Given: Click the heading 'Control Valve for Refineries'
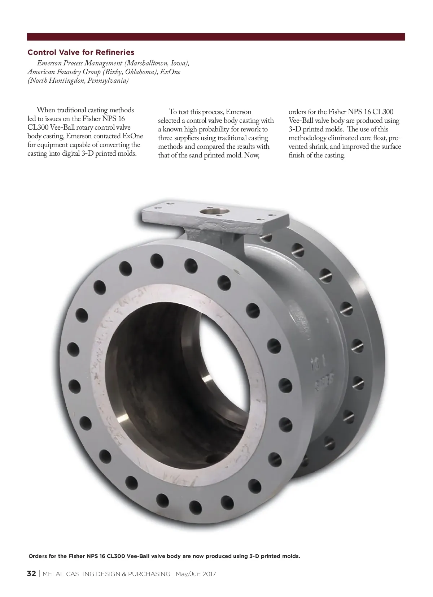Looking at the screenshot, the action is (x=81, y=52).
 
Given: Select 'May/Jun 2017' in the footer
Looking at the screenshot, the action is (x=196, y=574).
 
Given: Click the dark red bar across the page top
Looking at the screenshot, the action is (x=216, y=37).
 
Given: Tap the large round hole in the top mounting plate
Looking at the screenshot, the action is (x=214, y=212).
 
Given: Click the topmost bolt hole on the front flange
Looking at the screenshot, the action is (x=157, y=261).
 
